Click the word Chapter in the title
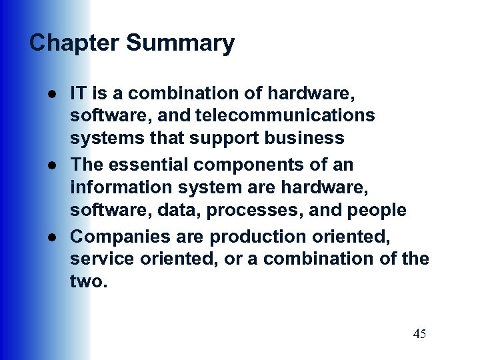pyautogui.click(x=75, y=43)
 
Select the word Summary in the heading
pyautogui.click(x=180, y=43)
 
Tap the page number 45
pyautogui.click(x=419, y=334)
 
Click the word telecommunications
pyautogui.click(x=285, y=115)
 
